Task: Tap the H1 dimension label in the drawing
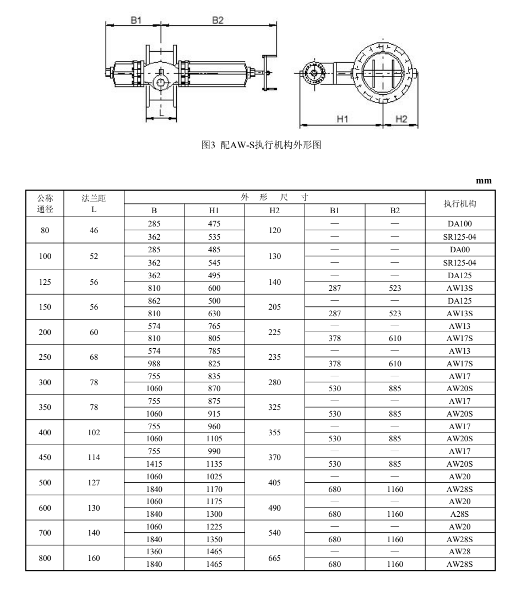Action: point(343,119)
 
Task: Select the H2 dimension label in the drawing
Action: point(401,119)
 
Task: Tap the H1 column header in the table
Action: point(214,210)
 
